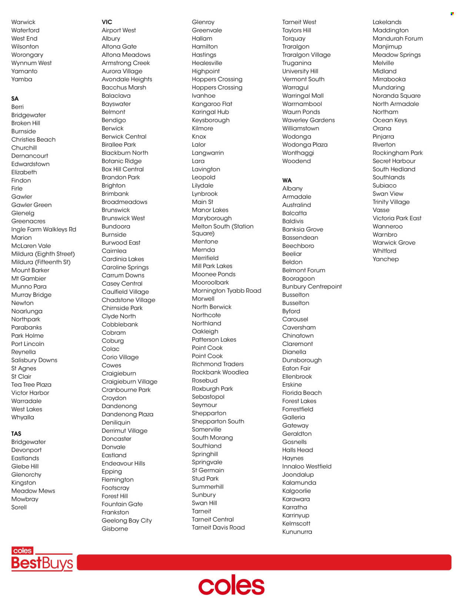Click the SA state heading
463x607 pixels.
15,99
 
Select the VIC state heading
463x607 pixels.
107,22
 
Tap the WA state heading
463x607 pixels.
287,180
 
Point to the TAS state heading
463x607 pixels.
16,434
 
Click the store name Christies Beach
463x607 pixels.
33,140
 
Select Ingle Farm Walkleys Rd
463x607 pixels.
44,230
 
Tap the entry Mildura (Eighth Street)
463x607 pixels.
43,254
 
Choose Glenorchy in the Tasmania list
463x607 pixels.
26,475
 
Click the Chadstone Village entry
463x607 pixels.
129,300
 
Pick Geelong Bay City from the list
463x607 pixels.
127,521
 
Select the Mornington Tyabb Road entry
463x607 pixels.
226,291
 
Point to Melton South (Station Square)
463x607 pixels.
223,230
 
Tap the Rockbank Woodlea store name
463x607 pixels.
220,373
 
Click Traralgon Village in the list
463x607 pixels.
306,55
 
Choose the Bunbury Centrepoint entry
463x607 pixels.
312,287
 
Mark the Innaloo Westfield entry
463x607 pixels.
307,467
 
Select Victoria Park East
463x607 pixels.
397,219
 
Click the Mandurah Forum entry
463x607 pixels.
397,39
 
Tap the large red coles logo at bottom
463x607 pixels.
231,585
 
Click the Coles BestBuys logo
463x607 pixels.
42,559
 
